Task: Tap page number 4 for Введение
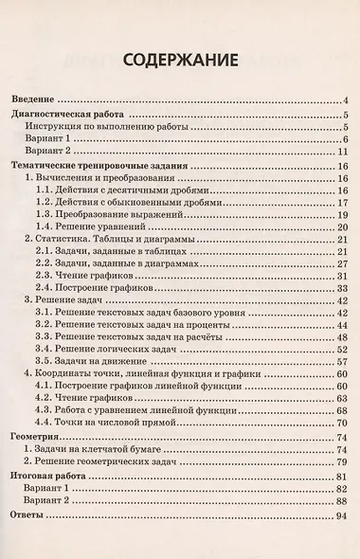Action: point(348,99)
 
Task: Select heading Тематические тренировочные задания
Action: point(98,165)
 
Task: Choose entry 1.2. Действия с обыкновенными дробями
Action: point(129,203)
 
